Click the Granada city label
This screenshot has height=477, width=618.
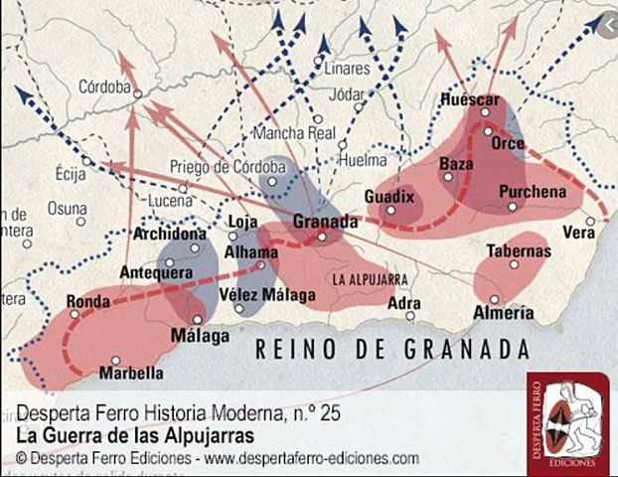point(325,222)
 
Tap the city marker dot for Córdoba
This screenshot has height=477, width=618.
point(138,94)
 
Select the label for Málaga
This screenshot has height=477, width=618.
point(194,335)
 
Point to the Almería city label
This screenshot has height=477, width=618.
point(504,313)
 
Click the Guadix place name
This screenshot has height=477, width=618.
point(388,197)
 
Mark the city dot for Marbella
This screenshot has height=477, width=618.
point(116,361)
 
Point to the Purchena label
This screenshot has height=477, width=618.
point(533,191)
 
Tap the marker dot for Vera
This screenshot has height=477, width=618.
point(590,221)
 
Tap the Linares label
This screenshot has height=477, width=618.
point(346,70)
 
